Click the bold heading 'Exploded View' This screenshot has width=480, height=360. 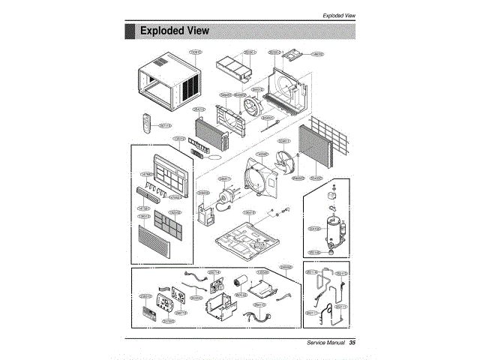pyautogui.click(x=175, y=31)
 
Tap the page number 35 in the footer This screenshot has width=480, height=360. pyautogui.click(x=351, y=342)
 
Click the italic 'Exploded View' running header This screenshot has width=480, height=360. pyautogui.click(x=338, y=15)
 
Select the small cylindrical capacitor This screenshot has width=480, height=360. pyautogui.click(x=241, y=282)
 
